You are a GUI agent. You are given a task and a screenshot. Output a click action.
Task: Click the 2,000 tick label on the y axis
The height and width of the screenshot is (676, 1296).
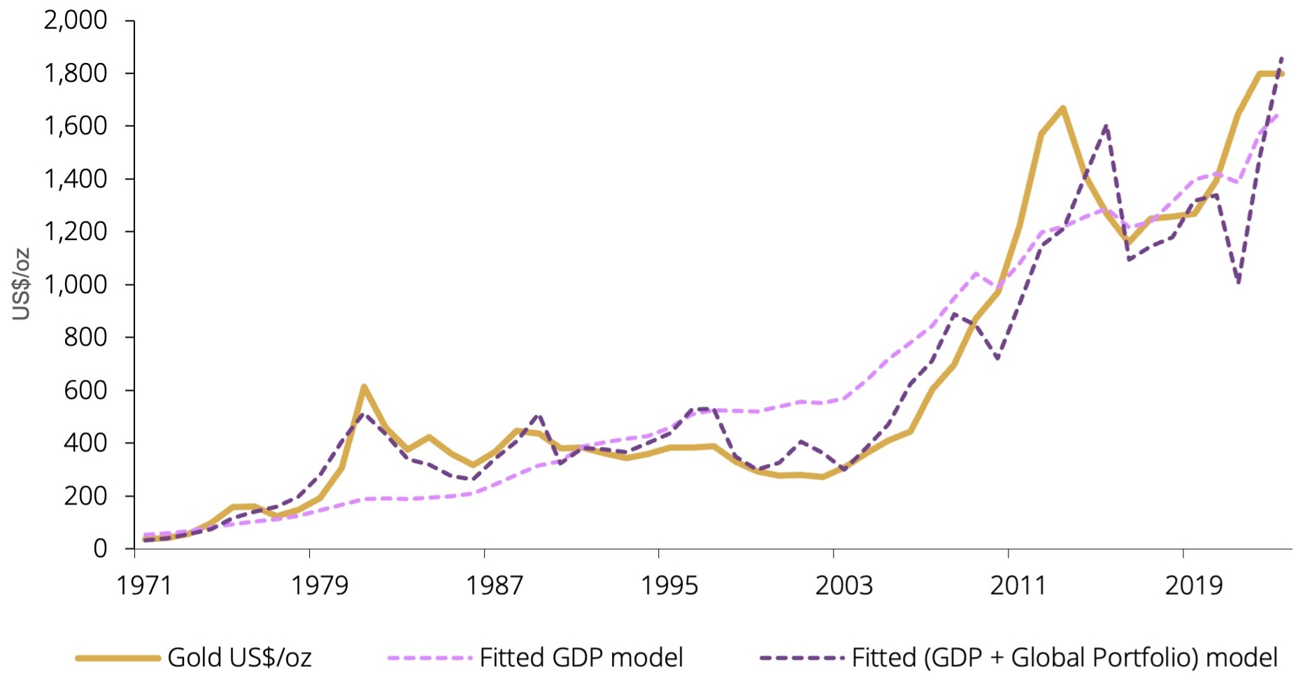tap(75, 20)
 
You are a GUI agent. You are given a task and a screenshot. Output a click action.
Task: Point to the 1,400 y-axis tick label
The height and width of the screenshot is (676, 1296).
tap(75, 179)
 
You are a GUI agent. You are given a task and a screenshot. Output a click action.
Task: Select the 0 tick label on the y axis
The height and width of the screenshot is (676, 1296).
tap(100, 549)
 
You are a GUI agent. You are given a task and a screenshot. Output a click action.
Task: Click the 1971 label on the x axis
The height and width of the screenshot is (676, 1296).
tap(143, 585)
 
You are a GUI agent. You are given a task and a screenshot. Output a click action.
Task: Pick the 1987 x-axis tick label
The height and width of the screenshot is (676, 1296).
tap(494, 585)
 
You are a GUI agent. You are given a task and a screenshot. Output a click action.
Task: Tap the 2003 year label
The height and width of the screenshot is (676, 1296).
tap(843, 585)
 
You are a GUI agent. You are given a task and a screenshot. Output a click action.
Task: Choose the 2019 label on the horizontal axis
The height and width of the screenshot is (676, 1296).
tap(1193, 585)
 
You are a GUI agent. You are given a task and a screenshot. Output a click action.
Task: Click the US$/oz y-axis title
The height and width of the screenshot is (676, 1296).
tap(22, 284)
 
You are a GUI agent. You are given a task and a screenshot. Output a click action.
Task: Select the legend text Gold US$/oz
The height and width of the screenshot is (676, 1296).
tap(239, 658)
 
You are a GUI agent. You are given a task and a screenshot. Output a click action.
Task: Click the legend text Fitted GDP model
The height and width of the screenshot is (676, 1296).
tap(581, 658)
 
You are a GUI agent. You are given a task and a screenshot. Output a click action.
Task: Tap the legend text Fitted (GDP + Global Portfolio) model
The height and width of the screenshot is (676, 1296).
tap(1064, 658)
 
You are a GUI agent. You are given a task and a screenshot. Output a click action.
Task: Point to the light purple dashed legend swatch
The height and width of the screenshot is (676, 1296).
tap(429, 658)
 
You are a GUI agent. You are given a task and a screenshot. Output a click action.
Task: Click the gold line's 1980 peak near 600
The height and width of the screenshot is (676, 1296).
tap(364, 386)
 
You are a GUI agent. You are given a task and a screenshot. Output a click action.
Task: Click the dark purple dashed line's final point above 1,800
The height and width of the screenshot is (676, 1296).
tap(1281, 59)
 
